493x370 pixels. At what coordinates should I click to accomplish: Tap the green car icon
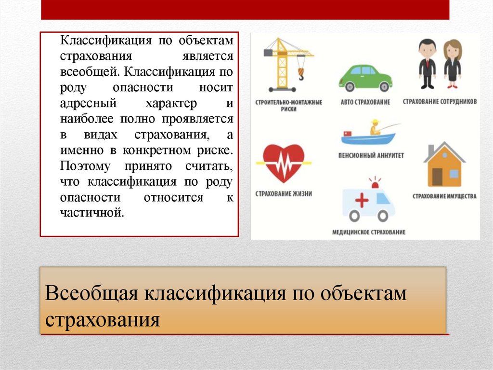(x=365, y=78)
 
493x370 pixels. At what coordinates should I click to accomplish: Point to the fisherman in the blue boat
(x=375, y=127)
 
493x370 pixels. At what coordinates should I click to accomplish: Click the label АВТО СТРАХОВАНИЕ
(x=365, y=102)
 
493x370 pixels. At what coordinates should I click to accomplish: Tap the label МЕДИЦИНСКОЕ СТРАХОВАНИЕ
(x=369, y=232)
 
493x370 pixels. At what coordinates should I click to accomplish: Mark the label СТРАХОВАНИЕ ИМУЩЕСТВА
(x=444, y=196)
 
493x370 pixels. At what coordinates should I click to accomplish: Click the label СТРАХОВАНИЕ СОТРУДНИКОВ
(x=440, y=102)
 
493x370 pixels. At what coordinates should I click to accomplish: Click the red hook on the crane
(x=301, y=73)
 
